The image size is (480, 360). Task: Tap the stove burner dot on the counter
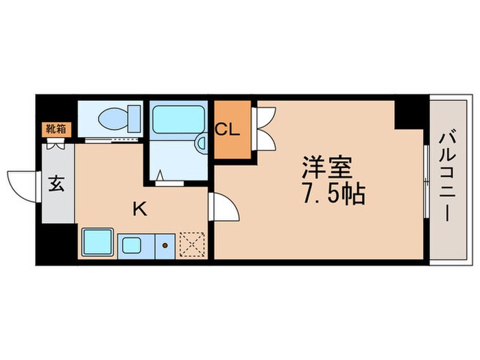(x=165, y=243)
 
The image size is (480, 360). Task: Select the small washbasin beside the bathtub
(x=201, y=143)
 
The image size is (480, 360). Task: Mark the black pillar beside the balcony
(x=409, y=113)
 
